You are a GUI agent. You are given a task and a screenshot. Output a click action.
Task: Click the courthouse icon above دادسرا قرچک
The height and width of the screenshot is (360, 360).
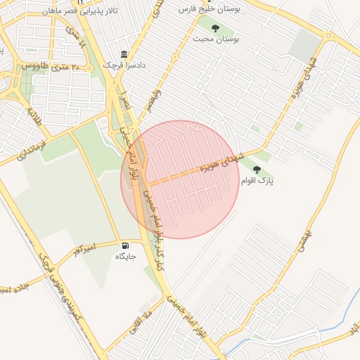[x=124, y=55]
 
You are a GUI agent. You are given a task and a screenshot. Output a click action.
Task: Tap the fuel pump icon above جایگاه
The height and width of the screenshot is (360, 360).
[x=125, y=246]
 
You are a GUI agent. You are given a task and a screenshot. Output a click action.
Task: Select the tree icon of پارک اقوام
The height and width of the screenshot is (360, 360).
[x=256, y=169]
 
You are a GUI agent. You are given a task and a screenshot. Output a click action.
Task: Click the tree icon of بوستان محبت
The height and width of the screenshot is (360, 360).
[x=215, y=29]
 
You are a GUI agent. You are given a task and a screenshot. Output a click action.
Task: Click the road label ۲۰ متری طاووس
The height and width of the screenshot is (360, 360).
[x=51, y=66]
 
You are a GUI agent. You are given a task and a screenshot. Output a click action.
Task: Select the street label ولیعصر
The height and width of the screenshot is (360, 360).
[x=153, y=99]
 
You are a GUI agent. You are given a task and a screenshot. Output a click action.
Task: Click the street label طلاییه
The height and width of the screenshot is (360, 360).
[x=35, y=117]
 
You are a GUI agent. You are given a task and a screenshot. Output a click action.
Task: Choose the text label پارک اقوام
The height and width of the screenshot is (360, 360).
[x=257, y=181]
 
